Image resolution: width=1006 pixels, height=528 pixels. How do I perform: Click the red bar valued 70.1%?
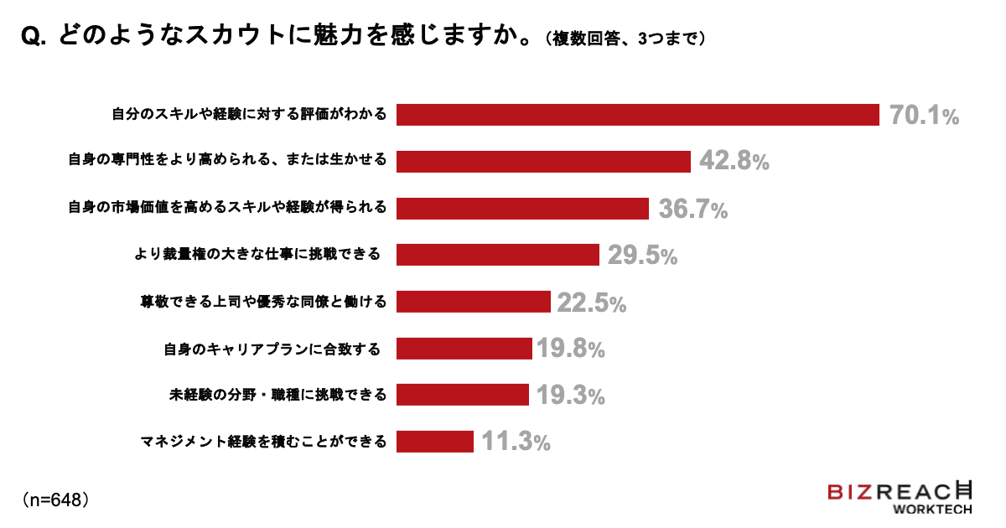[637, 115]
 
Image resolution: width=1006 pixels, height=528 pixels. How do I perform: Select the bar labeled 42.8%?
[543, 161]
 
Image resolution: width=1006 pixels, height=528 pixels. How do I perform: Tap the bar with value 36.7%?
[522, 208]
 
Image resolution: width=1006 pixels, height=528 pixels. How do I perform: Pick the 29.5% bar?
[497, 255]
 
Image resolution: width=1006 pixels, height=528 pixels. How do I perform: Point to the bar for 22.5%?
[473, 302]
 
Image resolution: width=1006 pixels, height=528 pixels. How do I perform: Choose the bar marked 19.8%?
[464, 348]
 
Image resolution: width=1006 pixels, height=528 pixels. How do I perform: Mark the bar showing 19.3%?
[462, 395]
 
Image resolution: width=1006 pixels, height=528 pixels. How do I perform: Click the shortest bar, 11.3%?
[435, 441]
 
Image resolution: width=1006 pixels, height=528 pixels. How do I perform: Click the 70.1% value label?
[924, 116]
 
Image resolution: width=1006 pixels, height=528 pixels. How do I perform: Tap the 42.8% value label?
[734, 162]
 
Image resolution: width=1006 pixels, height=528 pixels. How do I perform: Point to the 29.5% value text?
[642, 256]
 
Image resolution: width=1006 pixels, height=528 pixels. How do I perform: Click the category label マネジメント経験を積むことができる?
[263, 442]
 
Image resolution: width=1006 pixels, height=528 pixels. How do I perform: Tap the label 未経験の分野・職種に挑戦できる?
[277, 395]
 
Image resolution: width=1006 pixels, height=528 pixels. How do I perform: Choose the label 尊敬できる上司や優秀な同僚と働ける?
[263, 302]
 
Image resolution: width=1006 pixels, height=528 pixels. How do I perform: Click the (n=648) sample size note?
[55, 500]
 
